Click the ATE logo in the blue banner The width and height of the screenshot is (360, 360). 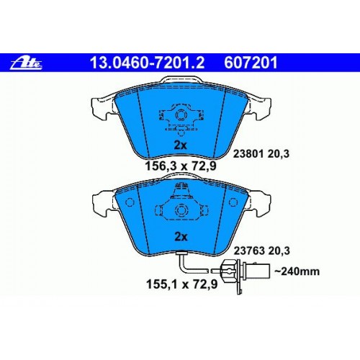pyautogui.click(x=26, y=63)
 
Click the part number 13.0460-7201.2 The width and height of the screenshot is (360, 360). pyautogui.click(x=147, y=63)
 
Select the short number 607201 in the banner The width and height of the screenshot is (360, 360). pyautogui.click(x=251, y=63)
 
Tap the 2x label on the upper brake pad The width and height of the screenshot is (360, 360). pyautogui.click(x=180, y=145)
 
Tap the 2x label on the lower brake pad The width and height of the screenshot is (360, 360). pyautogui.click(x=181, y=237)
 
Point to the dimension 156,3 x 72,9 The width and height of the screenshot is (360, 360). pyautogui.click(x=181, y=166)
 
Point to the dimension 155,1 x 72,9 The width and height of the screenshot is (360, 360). pyautogui.click(x=182, y=284)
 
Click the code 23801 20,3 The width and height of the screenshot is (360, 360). pyautogui.click(x=261, y=153)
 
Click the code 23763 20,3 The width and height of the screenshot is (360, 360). pyautogui.click(x=262, y=251)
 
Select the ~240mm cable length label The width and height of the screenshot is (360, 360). pyautogui.click(x=297, y=271)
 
